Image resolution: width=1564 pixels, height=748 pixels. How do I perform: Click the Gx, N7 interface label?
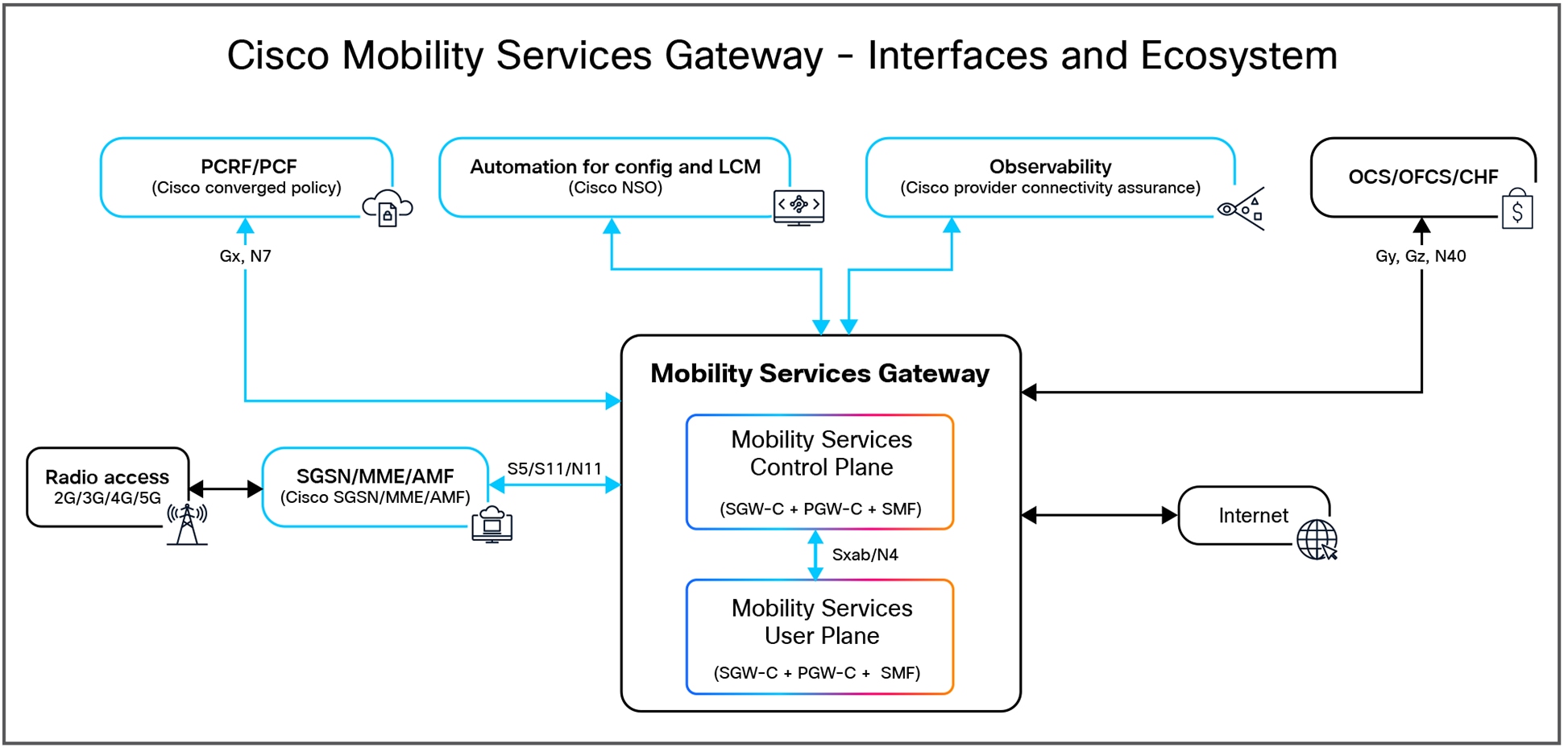(245, 256)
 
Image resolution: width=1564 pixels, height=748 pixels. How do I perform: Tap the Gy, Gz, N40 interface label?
(1420, 256)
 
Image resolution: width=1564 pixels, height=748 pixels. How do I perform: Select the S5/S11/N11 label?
(554, 468)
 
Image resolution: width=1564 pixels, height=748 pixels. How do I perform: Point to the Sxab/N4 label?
(865, 555)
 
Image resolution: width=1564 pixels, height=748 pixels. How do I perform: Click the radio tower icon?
(187, 524)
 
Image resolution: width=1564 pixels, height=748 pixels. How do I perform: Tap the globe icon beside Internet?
(1317, 539)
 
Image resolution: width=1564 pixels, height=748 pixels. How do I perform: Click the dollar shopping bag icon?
(1516, 210)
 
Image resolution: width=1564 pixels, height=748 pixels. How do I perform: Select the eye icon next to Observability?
(1241, 209)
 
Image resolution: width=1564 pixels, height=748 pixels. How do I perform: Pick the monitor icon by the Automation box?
(799, 207)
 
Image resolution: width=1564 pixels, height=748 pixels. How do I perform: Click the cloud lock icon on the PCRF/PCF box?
(388, 208)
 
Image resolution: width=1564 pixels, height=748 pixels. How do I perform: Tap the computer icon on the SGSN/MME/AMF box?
(492, 525)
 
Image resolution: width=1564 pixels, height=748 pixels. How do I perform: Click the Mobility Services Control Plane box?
(819, 472)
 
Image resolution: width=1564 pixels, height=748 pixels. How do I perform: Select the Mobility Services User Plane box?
(819, 637)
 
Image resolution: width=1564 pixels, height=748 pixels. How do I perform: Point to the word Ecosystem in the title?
(1238, 56)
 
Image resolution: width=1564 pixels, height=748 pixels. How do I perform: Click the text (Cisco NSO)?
(615, 188)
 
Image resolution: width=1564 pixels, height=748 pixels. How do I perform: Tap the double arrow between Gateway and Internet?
(1099, 515)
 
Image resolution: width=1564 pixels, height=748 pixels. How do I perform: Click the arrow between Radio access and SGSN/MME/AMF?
(226, 488)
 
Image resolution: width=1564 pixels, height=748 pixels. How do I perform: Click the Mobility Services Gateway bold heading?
(819, 373)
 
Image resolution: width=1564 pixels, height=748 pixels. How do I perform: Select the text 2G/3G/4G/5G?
(107, 498)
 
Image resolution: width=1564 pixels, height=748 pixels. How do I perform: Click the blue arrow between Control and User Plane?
(815, 555)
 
